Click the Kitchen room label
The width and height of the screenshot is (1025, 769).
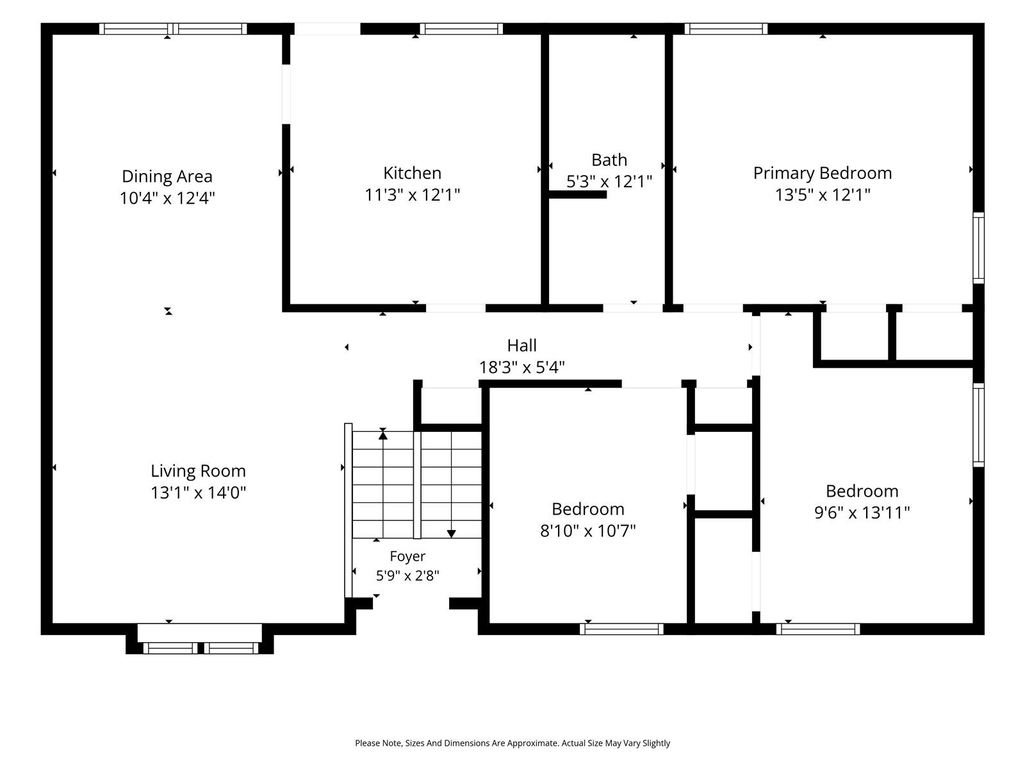pyautogui.click(x=412, y=173)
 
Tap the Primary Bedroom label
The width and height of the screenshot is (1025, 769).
pyautogui.click(x=823, y=173)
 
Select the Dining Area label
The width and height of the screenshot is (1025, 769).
pyautogui.click(x=167, y=176)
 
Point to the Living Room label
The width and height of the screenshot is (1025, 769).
pyautogui.click(x=198, y=471)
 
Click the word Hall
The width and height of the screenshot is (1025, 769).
pyautogui.click(x=521, y=345)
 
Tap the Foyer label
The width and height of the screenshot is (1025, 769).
pyautogui.click(x=407, y=556)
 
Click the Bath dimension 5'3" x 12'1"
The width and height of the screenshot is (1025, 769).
pyautogui.click(x=609, y=181)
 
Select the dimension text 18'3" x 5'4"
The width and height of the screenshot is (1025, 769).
pyautogui.click(x=521, y=367)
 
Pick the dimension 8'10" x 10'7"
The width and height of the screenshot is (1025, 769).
pyautogui.click(x=588, y=531)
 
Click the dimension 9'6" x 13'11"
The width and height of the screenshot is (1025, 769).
pyautogui.click(x=862, y=513)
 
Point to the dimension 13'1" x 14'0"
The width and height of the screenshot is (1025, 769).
pyautogui.click(x=198, y=493)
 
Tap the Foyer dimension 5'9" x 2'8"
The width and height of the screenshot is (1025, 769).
pyautogui.click(x=407, y=575)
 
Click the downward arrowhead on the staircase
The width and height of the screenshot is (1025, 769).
pyautogui.click(x=451, y=534)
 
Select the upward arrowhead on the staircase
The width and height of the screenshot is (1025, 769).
pyautogui.click(x=383, y=435)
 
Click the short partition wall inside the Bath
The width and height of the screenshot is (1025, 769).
pyautogui.click(x=578, y=195)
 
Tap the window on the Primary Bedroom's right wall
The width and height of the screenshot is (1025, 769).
pyautogui.click(x=978, y=248)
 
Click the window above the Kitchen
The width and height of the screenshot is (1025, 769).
pyautogui.click(x=461, y=29)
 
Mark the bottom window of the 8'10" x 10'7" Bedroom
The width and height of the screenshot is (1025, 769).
pyautogui.click(x=621, y=629)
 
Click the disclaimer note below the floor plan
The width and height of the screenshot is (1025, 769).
pyautogui.click(x=512, y=743)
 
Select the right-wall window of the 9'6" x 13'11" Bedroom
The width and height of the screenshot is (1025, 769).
pyautogui.click(x=978, y=425)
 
